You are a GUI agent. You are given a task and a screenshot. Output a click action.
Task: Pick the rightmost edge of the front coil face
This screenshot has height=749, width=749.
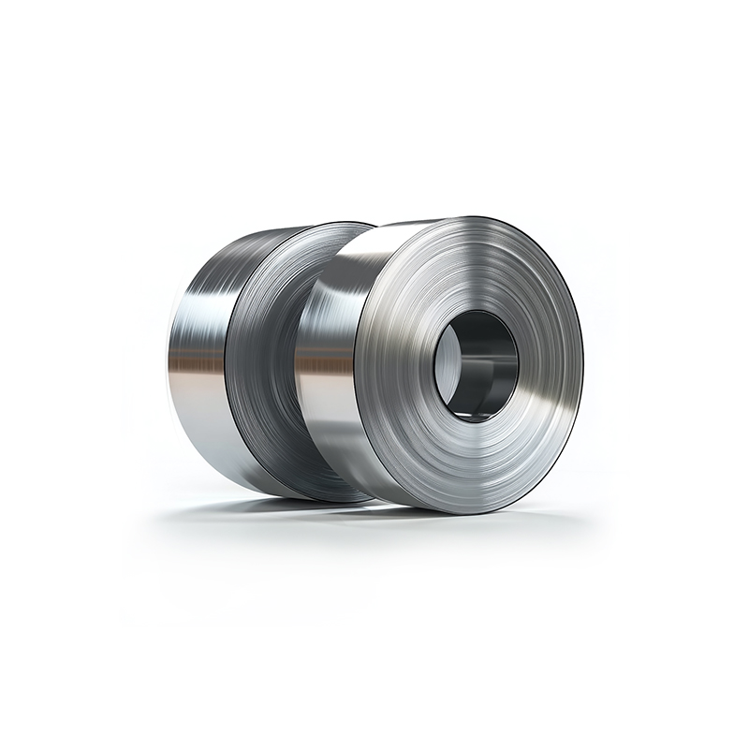point(582,365)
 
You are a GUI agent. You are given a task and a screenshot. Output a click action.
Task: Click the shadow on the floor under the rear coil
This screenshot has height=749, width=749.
point(253,507)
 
